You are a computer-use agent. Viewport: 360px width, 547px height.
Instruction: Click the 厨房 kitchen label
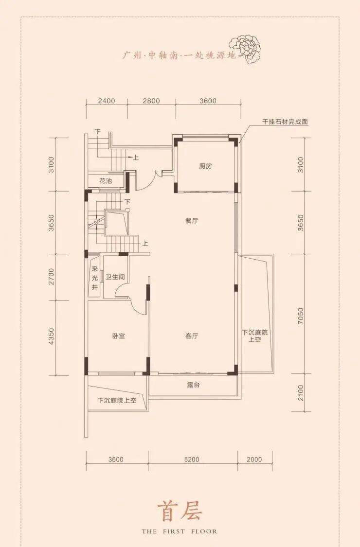(206, 166)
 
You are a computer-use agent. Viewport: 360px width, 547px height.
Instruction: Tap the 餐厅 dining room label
(192, 221)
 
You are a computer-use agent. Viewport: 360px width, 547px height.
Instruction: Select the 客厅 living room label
(192, 336)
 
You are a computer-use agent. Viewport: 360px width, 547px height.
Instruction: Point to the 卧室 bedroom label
(119, 336)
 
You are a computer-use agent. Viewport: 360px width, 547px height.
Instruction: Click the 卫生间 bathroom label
(115, 277)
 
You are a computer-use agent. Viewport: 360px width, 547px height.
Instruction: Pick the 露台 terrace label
(193, 385)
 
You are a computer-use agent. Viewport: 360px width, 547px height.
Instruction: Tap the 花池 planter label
(105, 181)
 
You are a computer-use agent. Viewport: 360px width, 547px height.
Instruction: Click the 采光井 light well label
(95, 279)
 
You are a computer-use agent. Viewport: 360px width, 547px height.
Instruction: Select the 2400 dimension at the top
(107, 101)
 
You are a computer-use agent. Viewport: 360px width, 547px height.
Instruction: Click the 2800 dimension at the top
(151, 101)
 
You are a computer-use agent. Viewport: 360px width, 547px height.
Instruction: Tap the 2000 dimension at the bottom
(254, 459)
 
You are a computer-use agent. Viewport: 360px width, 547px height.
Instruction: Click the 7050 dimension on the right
(301, 316)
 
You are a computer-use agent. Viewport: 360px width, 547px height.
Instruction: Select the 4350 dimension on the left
(52, 336)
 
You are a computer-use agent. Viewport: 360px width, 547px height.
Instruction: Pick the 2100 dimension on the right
(301, 393)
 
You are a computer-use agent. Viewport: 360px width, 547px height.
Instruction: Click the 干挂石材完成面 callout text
(285, 122)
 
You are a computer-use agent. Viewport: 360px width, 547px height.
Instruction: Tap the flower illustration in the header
(245, 49)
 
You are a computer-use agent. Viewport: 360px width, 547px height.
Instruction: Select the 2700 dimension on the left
(52, 277)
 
